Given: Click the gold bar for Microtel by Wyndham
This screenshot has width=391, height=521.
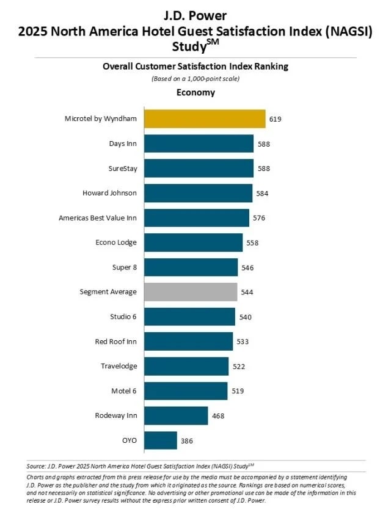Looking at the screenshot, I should click(205, 118).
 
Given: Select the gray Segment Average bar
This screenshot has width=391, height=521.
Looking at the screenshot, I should click(191, 292).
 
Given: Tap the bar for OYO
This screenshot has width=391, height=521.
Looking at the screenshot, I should click(161, 440).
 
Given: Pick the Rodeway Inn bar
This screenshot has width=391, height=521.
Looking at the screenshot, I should click(176, 416).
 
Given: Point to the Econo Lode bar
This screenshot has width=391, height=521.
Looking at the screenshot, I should click(193, 242).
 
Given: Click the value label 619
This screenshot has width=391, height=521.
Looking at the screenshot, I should click(275, 119).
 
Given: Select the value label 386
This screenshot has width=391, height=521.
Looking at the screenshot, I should click(187, 440).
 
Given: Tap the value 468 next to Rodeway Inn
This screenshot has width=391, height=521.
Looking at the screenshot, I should click(217, 416).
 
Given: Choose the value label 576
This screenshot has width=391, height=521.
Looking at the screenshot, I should click(259, 218).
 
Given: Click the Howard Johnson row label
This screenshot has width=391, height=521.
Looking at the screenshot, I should click(109, 193).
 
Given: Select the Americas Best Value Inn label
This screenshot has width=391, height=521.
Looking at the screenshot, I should click(98, 218).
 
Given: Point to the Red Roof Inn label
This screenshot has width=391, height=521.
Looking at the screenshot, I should click(115, 341).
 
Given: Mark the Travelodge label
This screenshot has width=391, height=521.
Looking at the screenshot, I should click(119, 366).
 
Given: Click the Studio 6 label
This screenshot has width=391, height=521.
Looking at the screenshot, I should click(120, 317).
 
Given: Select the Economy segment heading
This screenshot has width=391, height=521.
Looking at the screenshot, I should click(195, 93).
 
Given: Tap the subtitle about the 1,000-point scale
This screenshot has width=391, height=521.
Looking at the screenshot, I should click(195, 79).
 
